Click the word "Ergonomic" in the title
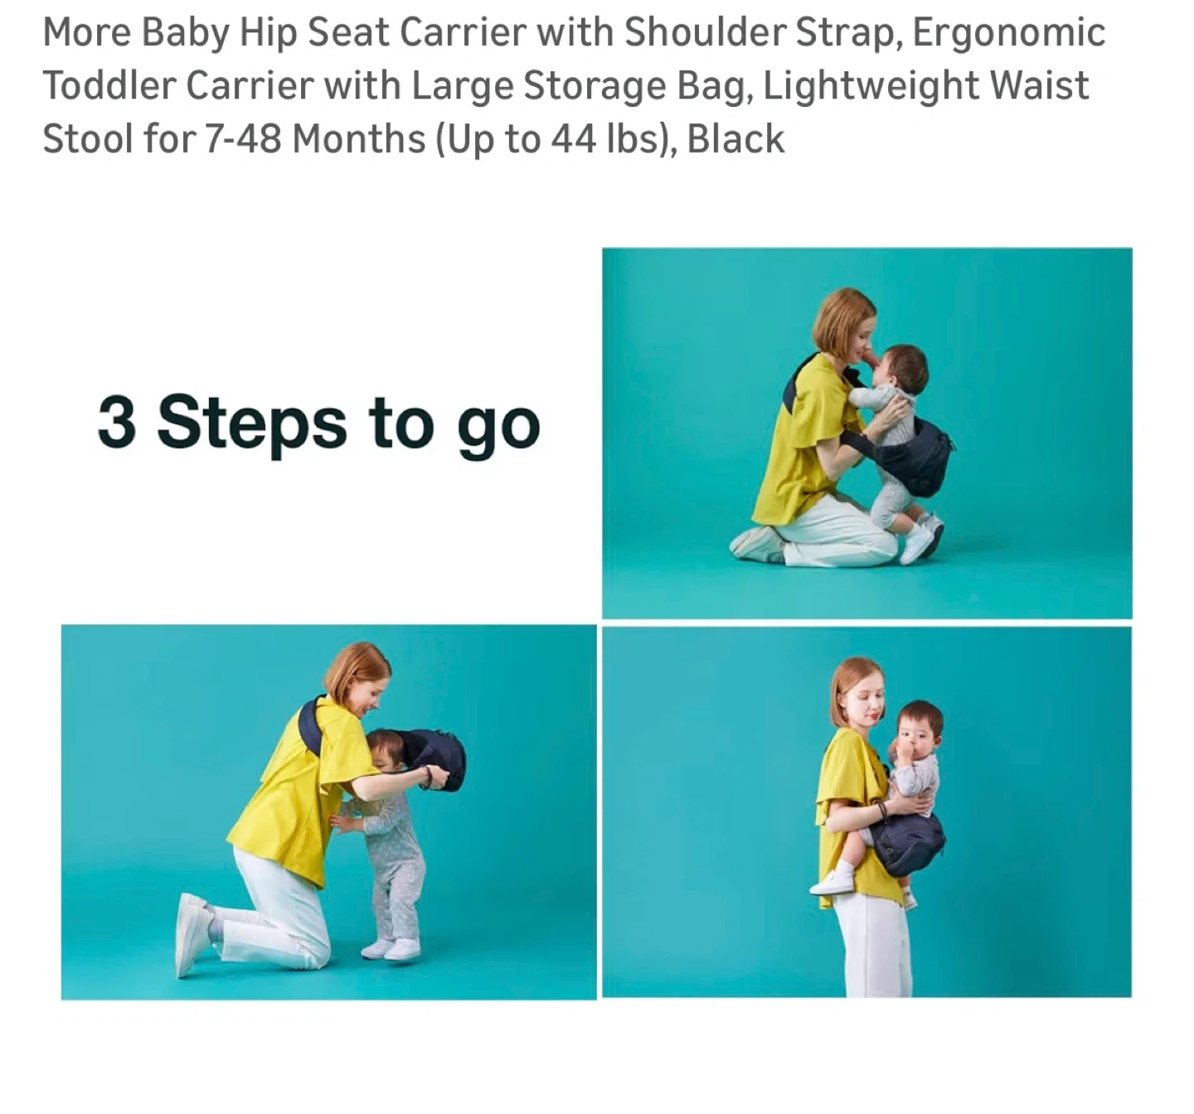[x=1009, y=33]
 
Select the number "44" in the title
[x=574, y=138]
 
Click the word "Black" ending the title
[x=735, y=138]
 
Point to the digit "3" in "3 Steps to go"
[x=117, y=421]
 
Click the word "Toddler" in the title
[x=108, y=85]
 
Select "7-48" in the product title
[x=243, y=138]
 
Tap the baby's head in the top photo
[x=900, y=368]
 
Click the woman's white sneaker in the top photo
[x=757, y=544]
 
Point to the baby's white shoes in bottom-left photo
[x=391, y=949]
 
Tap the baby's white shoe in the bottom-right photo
[x=832, y=883]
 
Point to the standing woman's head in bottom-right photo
[x=858, y=692]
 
